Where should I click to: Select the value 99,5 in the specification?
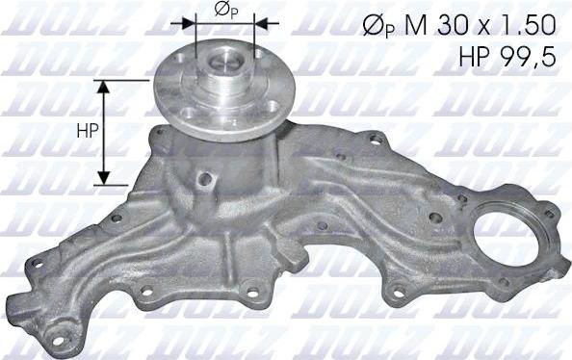(531, 58)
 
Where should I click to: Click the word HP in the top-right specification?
(479, 58)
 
